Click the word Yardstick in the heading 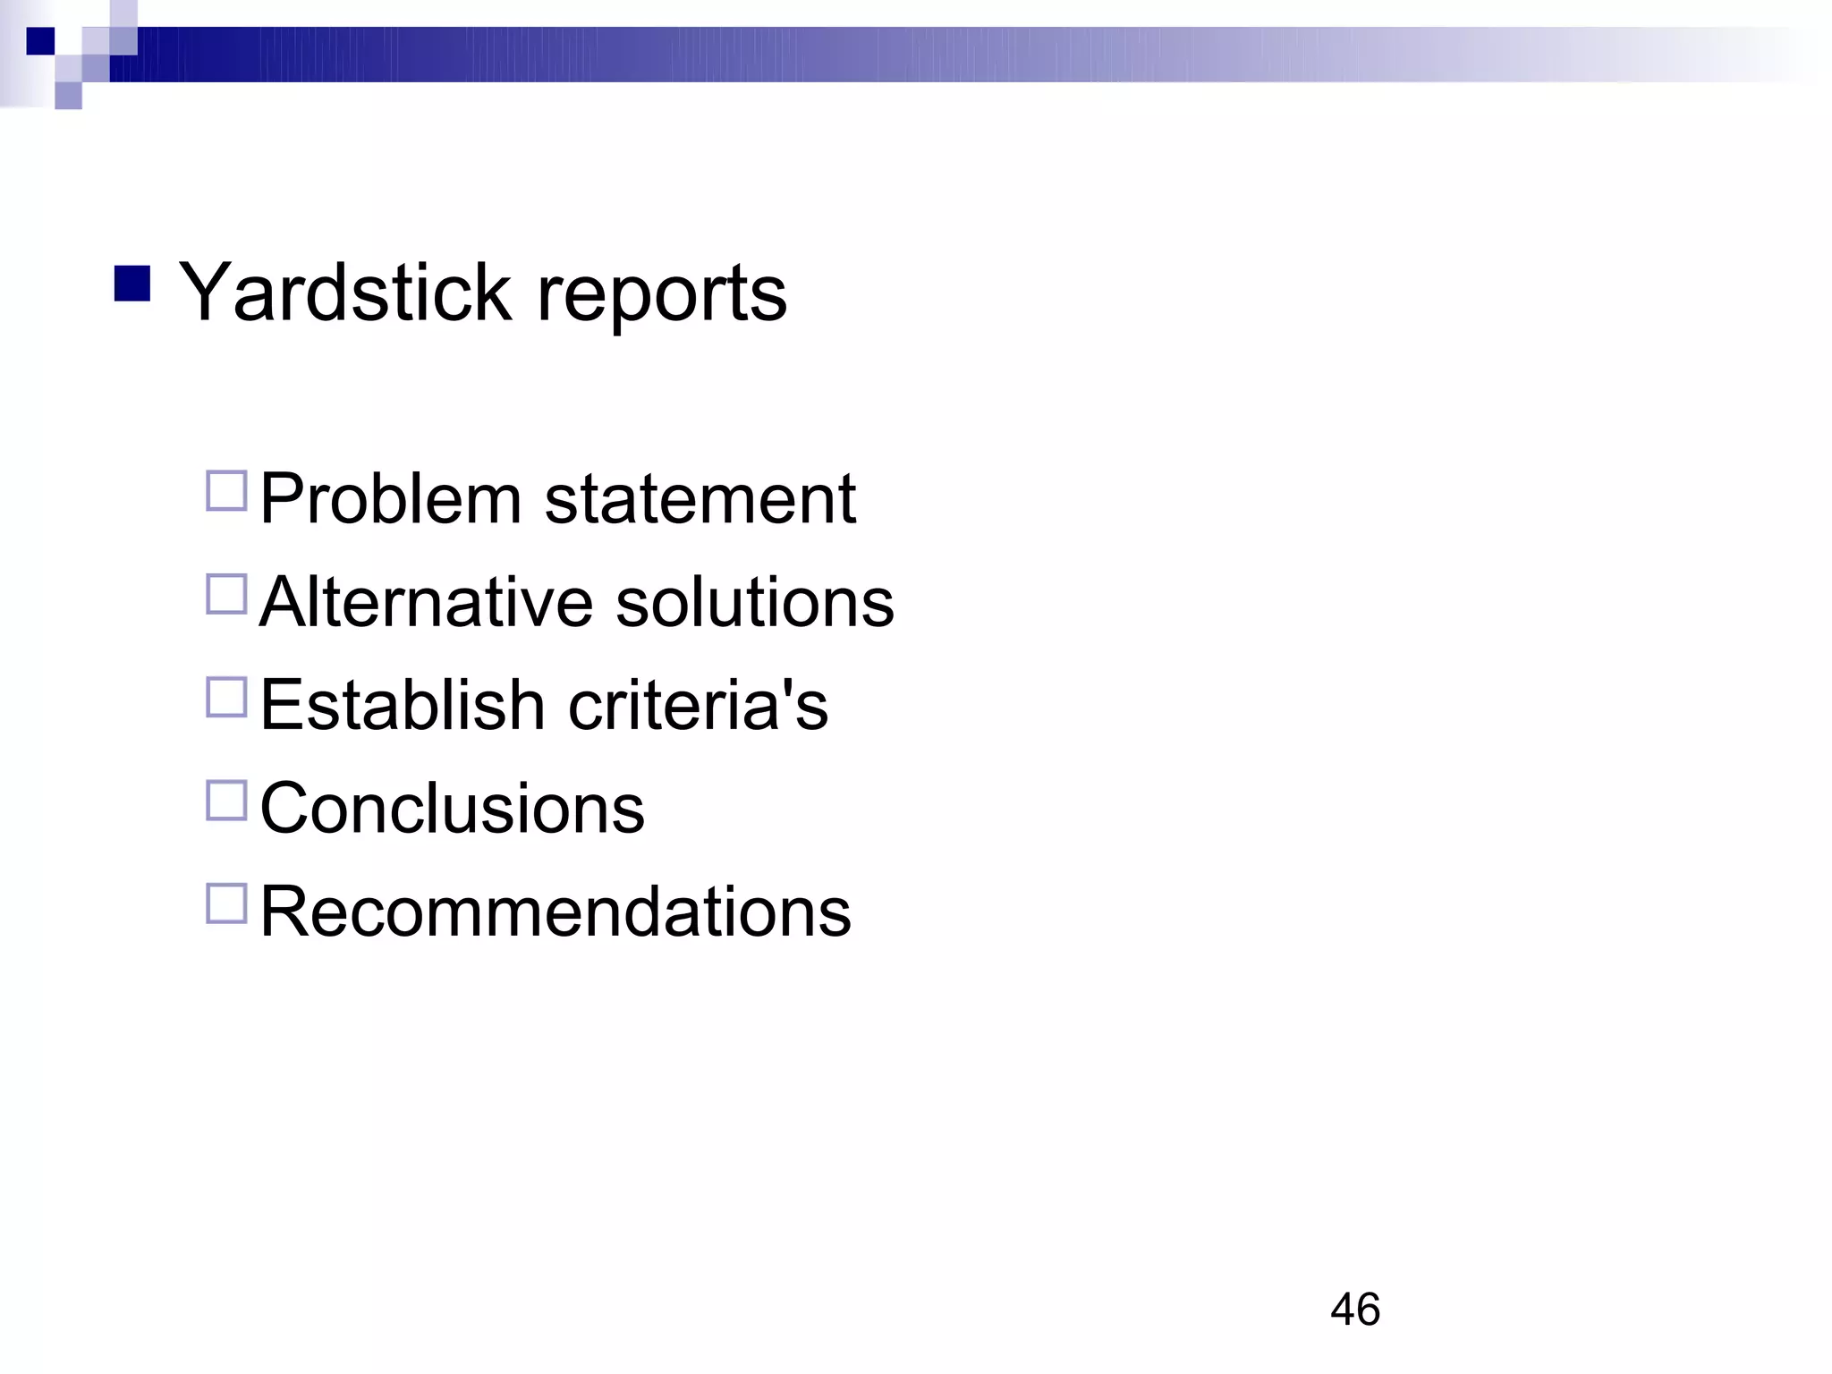345,293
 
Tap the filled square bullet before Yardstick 132,284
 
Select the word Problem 390,498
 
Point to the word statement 700,498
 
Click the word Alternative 426,601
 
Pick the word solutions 754,601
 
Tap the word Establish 403,704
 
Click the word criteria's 698,704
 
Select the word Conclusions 452,808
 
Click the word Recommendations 555,911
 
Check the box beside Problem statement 226,491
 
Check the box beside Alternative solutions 226,594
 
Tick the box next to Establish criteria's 226,697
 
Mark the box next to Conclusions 226,801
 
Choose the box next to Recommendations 226,903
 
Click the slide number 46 1354,1310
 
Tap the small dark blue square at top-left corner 40,41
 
